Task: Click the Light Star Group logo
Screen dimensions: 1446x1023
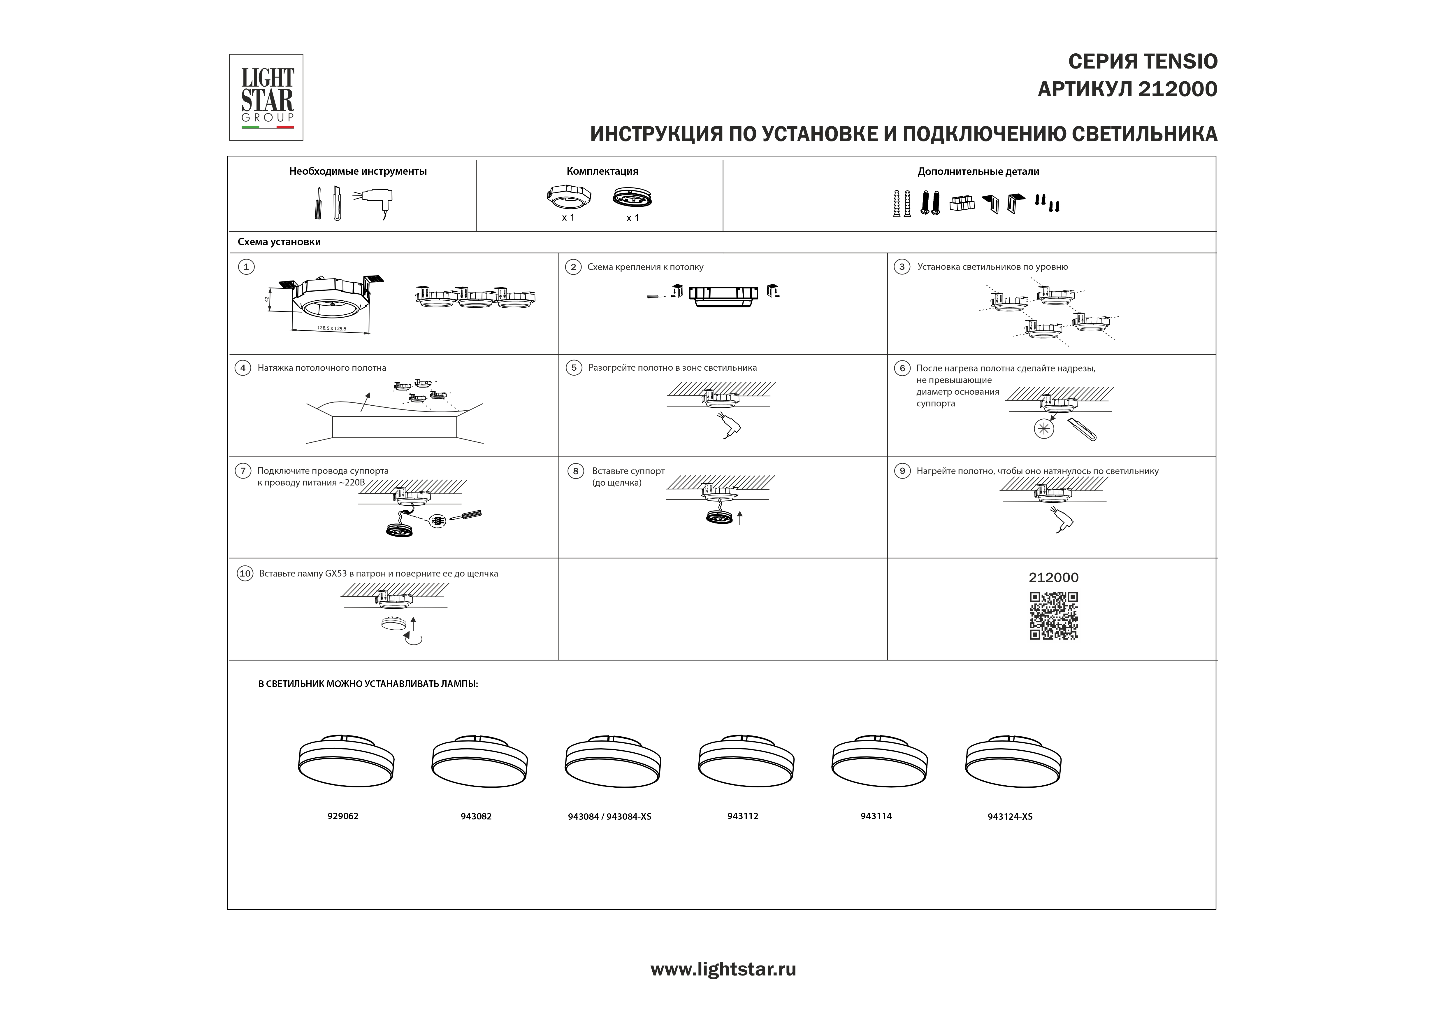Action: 266,98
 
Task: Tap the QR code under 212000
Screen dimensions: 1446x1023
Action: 1054,615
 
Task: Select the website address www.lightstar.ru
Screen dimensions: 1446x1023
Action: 723,969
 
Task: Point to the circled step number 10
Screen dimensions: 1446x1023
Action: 245,573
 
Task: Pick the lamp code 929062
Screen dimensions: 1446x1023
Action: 342,816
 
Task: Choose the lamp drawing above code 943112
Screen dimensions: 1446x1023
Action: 746,761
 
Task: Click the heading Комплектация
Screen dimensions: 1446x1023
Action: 602,171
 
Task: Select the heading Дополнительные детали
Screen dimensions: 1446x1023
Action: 978,171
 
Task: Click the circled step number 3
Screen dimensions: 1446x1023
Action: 902,267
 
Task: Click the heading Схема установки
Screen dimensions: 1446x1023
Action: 279,242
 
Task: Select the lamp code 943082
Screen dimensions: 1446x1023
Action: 476,816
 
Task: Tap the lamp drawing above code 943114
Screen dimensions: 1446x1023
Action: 879,761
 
